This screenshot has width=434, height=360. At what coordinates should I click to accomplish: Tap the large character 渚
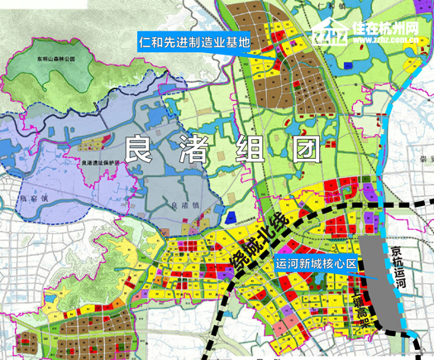(191, 150)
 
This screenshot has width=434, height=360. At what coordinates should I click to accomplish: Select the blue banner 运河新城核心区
(317, 265)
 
